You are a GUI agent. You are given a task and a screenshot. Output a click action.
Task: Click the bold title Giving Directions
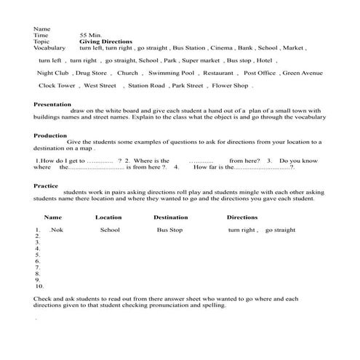[x=105, y=41]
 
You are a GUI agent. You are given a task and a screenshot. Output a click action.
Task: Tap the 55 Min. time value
[x=89, y=35]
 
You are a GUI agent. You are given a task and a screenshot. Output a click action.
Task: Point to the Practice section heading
[x=46, y=185]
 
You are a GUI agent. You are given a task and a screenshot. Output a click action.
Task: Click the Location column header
[x=108, y=217]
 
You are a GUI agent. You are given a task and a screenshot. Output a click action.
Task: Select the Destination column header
[x=170, y=217]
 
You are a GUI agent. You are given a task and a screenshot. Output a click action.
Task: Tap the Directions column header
[x=242, y=217]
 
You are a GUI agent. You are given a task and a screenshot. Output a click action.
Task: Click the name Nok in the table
[x=57, y=230]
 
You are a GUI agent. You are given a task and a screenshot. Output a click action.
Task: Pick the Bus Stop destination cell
[x=169, y=230]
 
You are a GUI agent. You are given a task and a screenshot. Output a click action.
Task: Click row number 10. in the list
[x=39, y=287]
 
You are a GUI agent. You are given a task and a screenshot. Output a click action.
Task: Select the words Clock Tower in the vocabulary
[x=56, y=86]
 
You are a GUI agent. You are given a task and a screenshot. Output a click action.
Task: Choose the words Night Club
[x=52, y=73]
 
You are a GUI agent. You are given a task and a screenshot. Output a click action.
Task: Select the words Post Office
[x=260, y=73]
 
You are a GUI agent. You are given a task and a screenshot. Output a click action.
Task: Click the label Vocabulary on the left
[x=49, y=48]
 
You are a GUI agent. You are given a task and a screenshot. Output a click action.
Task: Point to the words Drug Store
[x=91, y=73]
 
